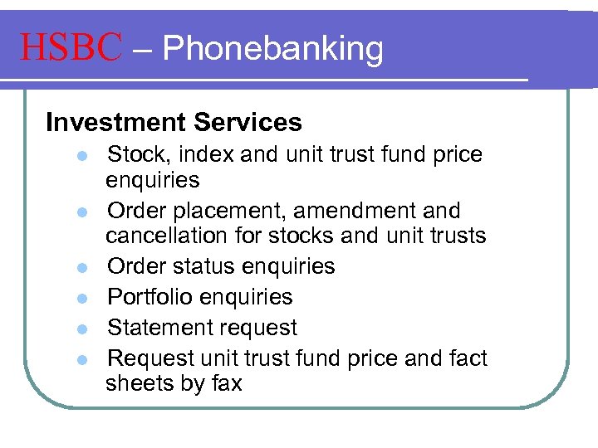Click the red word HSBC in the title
tap(71, 48)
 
